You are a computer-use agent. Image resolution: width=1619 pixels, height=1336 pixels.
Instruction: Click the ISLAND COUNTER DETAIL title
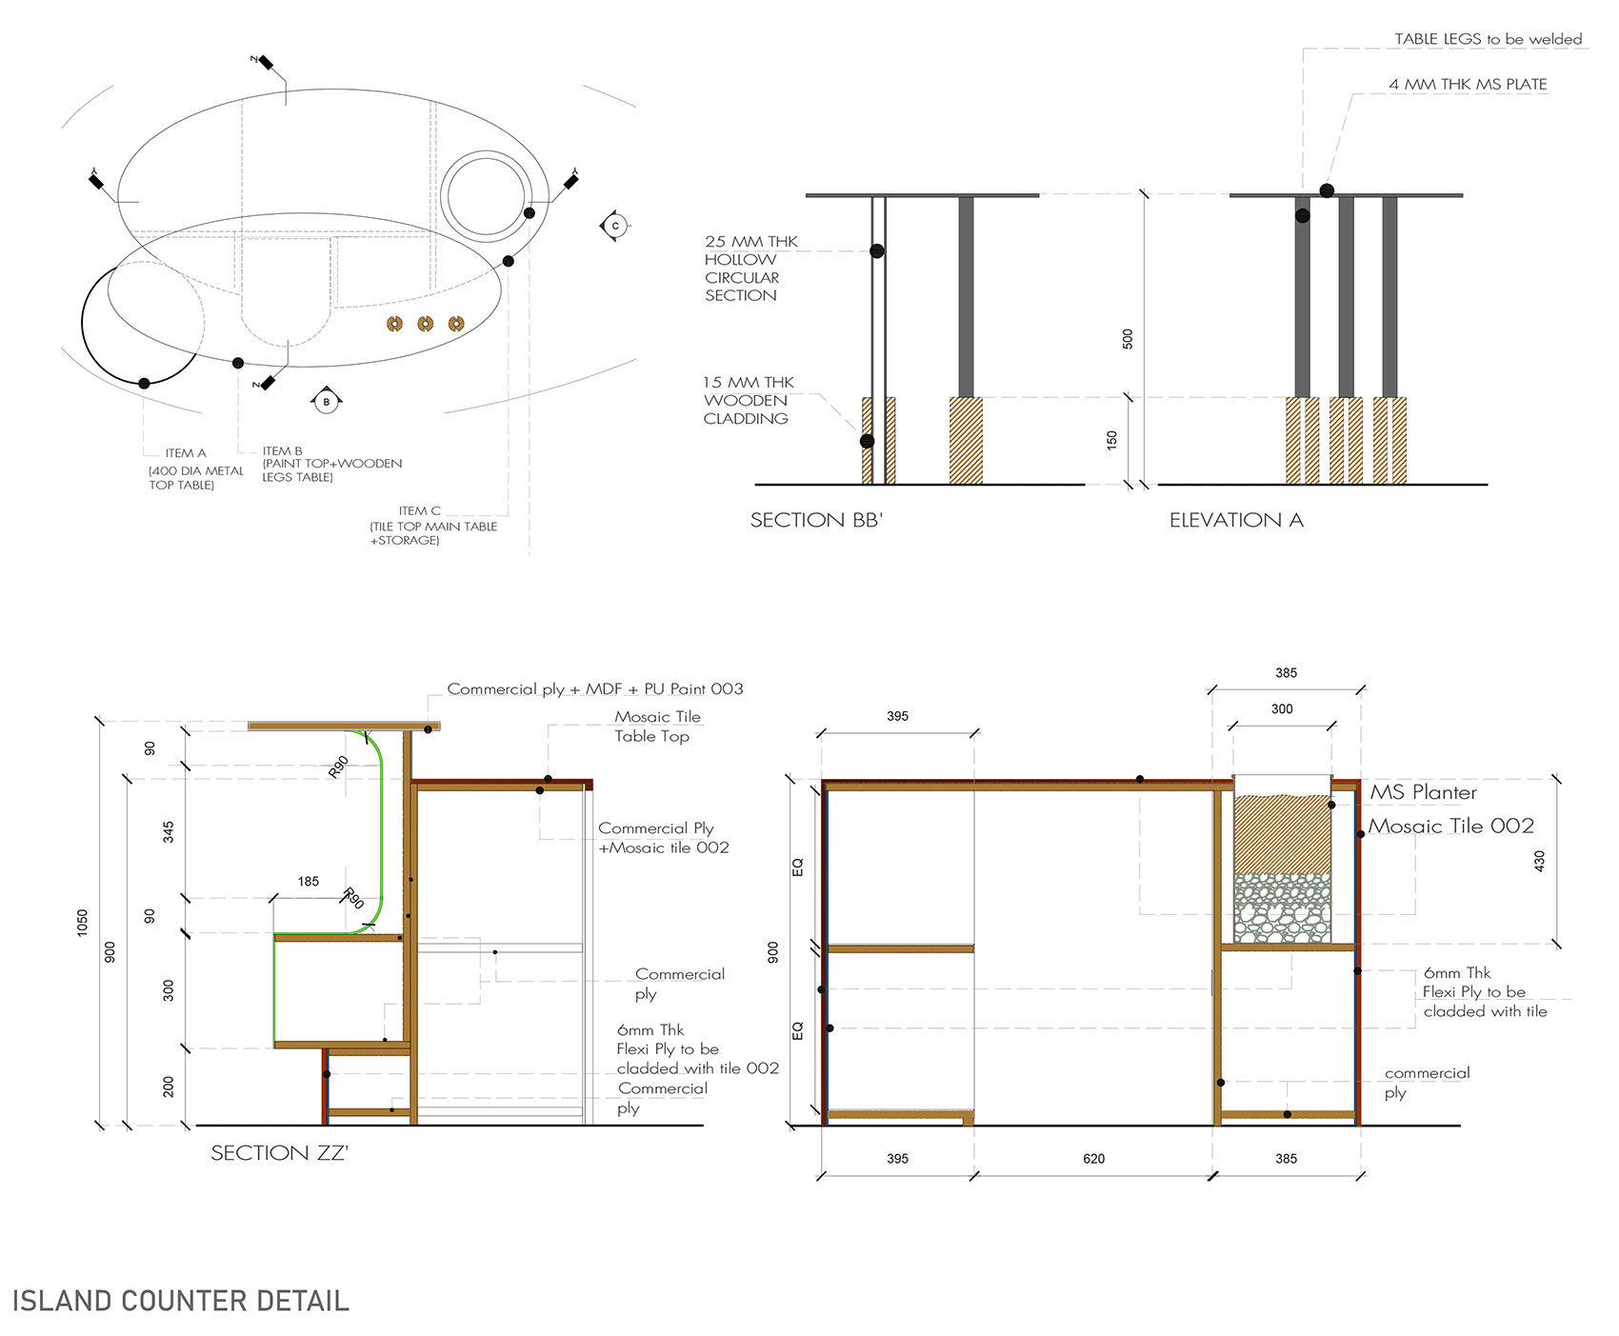[x=181, y=1301]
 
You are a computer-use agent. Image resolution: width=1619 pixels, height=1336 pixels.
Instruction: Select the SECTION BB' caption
[x=816, y=520]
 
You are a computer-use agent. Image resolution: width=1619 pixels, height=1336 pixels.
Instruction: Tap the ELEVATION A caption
[x=1236, y=520]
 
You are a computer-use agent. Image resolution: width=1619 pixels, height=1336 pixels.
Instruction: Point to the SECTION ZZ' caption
[x=279, y=1153]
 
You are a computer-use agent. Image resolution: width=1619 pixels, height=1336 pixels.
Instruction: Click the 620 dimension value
[x=1093, y=1159]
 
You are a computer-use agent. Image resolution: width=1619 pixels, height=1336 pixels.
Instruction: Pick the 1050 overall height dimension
[x=83, y=923]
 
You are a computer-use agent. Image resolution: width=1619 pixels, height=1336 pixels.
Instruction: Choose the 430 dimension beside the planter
[x=1540, y=861]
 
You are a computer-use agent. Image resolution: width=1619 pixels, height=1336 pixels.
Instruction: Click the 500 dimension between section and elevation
[x=1128, y=339]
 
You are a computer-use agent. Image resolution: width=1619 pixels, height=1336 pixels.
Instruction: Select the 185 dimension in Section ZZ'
[x=309, y=882]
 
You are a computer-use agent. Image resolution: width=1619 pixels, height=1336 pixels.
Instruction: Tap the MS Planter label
[x=1423, y=792]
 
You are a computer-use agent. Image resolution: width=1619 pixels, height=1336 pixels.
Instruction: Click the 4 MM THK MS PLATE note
[x=1468, y=85]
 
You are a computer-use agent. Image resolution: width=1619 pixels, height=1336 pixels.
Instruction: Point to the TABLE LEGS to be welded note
[x=1489, y=39]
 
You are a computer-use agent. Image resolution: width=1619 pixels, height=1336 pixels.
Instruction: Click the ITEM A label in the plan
[x=186, y=453]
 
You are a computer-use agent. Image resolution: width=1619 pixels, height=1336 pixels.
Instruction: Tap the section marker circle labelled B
[x=327, y=402]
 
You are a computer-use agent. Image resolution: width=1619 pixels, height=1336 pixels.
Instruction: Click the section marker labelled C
[x=615, y=226]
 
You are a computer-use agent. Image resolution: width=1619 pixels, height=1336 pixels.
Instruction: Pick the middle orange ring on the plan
[x=426, y=324]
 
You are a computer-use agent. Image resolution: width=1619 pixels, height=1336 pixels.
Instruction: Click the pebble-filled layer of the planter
[x=1282, y=908]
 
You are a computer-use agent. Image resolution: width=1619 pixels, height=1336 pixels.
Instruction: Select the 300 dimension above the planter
[x=1282, y=709]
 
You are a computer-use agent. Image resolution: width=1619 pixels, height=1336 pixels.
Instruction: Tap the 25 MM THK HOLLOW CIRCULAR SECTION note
[x=751, y=269]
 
